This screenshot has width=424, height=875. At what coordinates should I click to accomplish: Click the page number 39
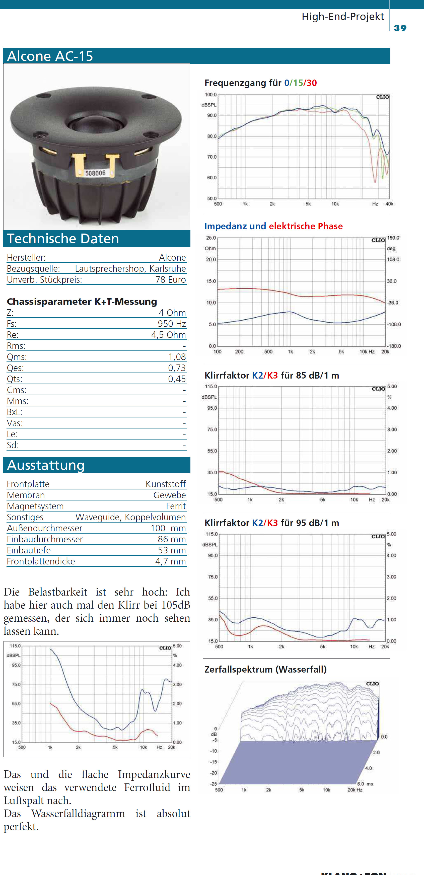point(400,28)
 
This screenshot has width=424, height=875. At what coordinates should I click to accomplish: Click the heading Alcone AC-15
point(50,56)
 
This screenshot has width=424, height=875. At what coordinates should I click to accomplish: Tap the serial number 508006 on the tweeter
point(95,173)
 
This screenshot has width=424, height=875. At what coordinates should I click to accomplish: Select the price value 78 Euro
point(171,279)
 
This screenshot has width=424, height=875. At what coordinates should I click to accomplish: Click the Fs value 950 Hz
point(172,323)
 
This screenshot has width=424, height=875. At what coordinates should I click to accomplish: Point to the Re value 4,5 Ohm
point(169,335)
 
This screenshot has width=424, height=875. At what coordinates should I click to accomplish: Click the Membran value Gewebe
point(170,495)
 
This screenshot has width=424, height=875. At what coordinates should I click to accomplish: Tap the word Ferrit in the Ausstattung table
point(176,506)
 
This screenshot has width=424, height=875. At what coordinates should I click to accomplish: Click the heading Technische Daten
point(63,239)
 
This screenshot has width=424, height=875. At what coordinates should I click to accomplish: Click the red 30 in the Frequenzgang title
point(312,83)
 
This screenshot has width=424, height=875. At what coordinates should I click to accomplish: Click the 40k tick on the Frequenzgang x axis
point(389,204)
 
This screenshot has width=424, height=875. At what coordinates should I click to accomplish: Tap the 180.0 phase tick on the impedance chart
point(393,238)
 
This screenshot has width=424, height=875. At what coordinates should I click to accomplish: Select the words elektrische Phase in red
point(306,226)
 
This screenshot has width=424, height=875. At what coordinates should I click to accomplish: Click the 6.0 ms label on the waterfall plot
point(365,784)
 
